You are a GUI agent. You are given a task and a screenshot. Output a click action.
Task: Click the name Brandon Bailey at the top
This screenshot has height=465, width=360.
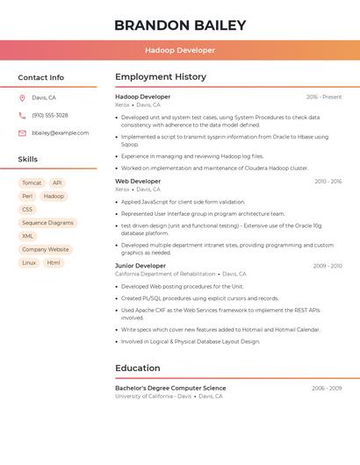click(179, 25)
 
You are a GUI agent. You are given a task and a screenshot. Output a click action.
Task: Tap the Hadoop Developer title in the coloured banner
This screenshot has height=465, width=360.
click(179, 50)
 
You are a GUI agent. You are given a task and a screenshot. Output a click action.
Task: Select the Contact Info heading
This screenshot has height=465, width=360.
click(40, 77)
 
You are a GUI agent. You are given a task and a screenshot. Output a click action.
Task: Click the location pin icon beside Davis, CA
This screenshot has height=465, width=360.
click(22, 98)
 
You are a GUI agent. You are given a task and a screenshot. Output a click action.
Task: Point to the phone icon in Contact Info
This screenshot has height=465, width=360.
click(22, 115)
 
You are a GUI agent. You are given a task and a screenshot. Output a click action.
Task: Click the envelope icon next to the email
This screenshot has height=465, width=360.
click(22, 132)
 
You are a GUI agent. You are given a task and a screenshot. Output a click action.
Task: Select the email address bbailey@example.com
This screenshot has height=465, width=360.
click(60, 132)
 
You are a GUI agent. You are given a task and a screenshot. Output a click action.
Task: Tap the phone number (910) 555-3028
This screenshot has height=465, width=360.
click(49, 115)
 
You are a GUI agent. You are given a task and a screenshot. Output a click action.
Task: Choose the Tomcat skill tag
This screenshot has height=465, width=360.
click(32, 183)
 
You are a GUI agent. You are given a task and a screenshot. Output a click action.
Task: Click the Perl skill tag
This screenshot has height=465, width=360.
click(27, 197)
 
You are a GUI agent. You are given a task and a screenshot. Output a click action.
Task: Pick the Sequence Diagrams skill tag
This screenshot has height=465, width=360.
click(47, 223)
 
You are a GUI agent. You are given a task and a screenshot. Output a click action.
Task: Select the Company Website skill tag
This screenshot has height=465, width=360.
click(46, 249)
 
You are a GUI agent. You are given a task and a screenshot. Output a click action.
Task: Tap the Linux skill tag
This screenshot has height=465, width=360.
click(29, 262)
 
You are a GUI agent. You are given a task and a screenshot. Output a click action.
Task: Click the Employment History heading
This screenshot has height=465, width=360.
click(161, 77)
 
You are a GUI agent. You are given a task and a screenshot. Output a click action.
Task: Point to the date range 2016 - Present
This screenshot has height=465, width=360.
click(324, 97)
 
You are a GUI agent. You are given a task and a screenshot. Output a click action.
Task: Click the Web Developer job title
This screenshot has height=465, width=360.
click(138, 182)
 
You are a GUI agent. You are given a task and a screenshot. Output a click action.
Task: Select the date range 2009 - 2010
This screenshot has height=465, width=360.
click(327, 266)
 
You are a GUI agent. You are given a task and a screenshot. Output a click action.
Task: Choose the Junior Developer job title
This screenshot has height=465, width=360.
click(140, 266)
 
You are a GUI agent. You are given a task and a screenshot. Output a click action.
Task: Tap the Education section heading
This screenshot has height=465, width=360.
click(138, 368)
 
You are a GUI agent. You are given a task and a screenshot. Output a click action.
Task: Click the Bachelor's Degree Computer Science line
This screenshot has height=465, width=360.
click(170, 388)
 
